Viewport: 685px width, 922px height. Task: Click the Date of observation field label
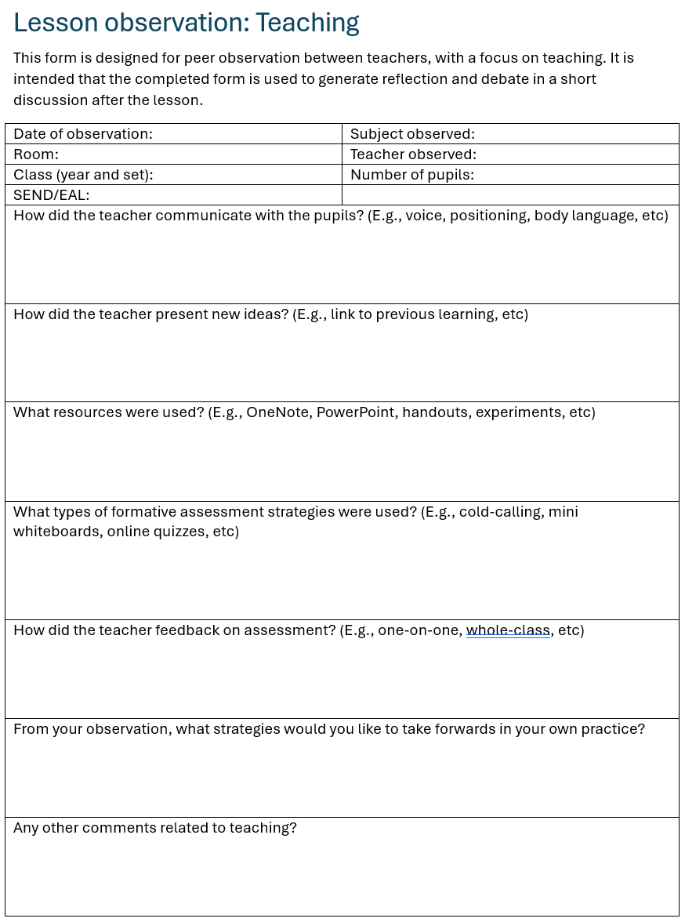pyautogui.click(x=83, y=134)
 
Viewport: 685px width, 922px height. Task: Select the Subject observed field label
pyautogui.click(x=412, y=134)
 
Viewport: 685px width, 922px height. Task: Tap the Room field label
pyautogui.click(x=36, y=154)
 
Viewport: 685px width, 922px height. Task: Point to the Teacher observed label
pyautogui.click(x=413, y=154)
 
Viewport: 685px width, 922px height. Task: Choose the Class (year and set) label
pyautogui.click(x=83, y=175)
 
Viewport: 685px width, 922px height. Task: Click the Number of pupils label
pyautogui.click(x=412, y=175)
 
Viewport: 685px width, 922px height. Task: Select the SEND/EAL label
pyautogui.click(x=52, y=195)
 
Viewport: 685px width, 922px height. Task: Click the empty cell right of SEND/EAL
pyautogui.click(x=509, y=195)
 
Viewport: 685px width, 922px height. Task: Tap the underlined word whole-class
pyautogui.click(x=508, y=630)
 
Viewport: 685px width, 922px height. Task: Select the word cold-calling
pyautogui.click(x=501, y=512)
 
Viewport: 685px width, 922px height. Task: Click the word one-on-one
pyautogui.click(x=419, y=630)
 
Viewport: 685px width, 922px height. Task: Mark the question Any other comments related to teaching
pyautogui.click(x=155, y=828)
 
